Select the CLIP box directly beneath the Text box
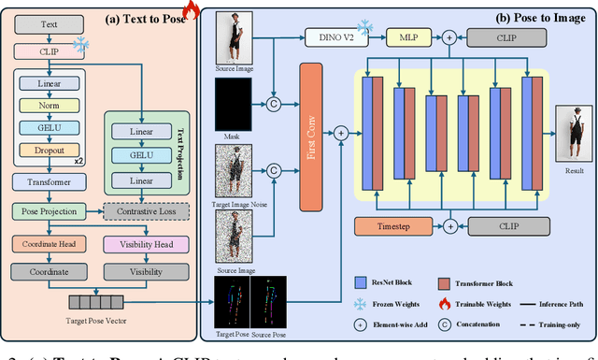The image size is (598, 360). point(49,51)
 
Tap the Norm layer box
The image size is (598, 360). point(50,106)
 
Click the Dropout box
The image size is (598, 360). point(50,150)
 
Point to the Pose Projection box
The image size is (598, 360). point(49,211)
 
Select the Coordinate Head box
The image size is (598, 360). point(49,244)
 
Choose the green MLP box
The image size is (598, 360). point(407,36)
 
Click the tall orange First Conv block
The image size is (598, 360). point(315,134)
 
